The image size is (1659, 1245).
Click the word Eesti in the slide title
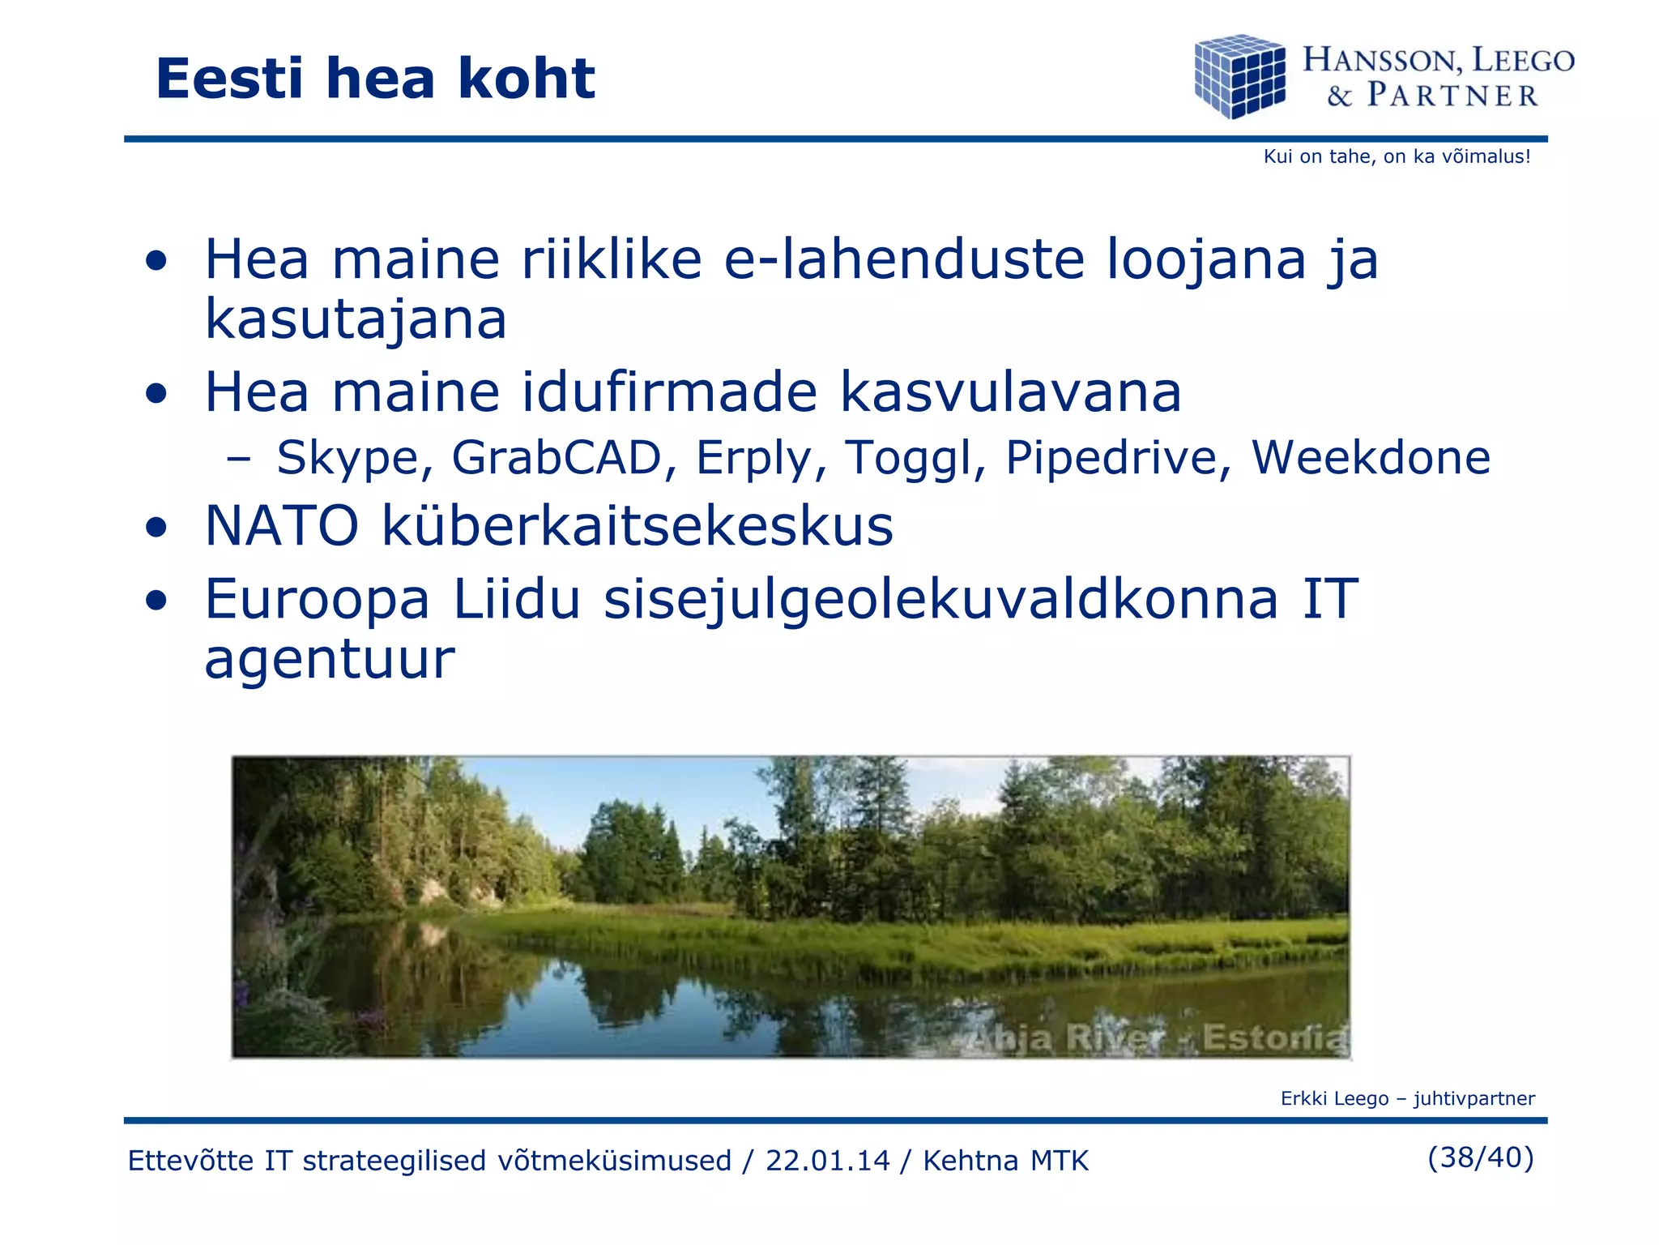[x=229, y=79]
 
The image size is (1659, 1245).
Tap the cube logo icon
[x=1239, y=76]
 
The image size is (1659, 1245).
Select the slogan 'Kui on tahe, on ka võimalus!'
[x=1397, y=156]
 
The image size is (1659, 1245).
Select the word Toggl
[x=915, y=458]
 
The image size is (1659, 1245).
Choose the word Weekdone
[x=1371, y=458]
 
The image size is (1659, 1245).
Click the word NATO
[x=282, y=526]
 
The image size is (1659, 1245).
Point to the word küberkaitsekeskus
[x=638, y=526]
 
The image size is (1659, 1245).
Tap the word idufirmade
[x=669, y=392]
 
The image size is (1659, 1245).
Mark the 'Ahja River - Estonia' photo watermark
[x=1154, y=1037]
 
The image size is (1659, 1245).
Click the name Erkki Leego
[x=1334, y=1098]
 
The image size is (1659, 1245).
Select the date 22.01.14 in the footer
[x=827, y=1161]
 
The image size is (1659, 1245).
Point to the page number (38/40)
[x=1480, y=1157]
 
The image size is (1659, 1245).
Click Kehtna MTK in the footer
[x=1005, y=1161]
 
